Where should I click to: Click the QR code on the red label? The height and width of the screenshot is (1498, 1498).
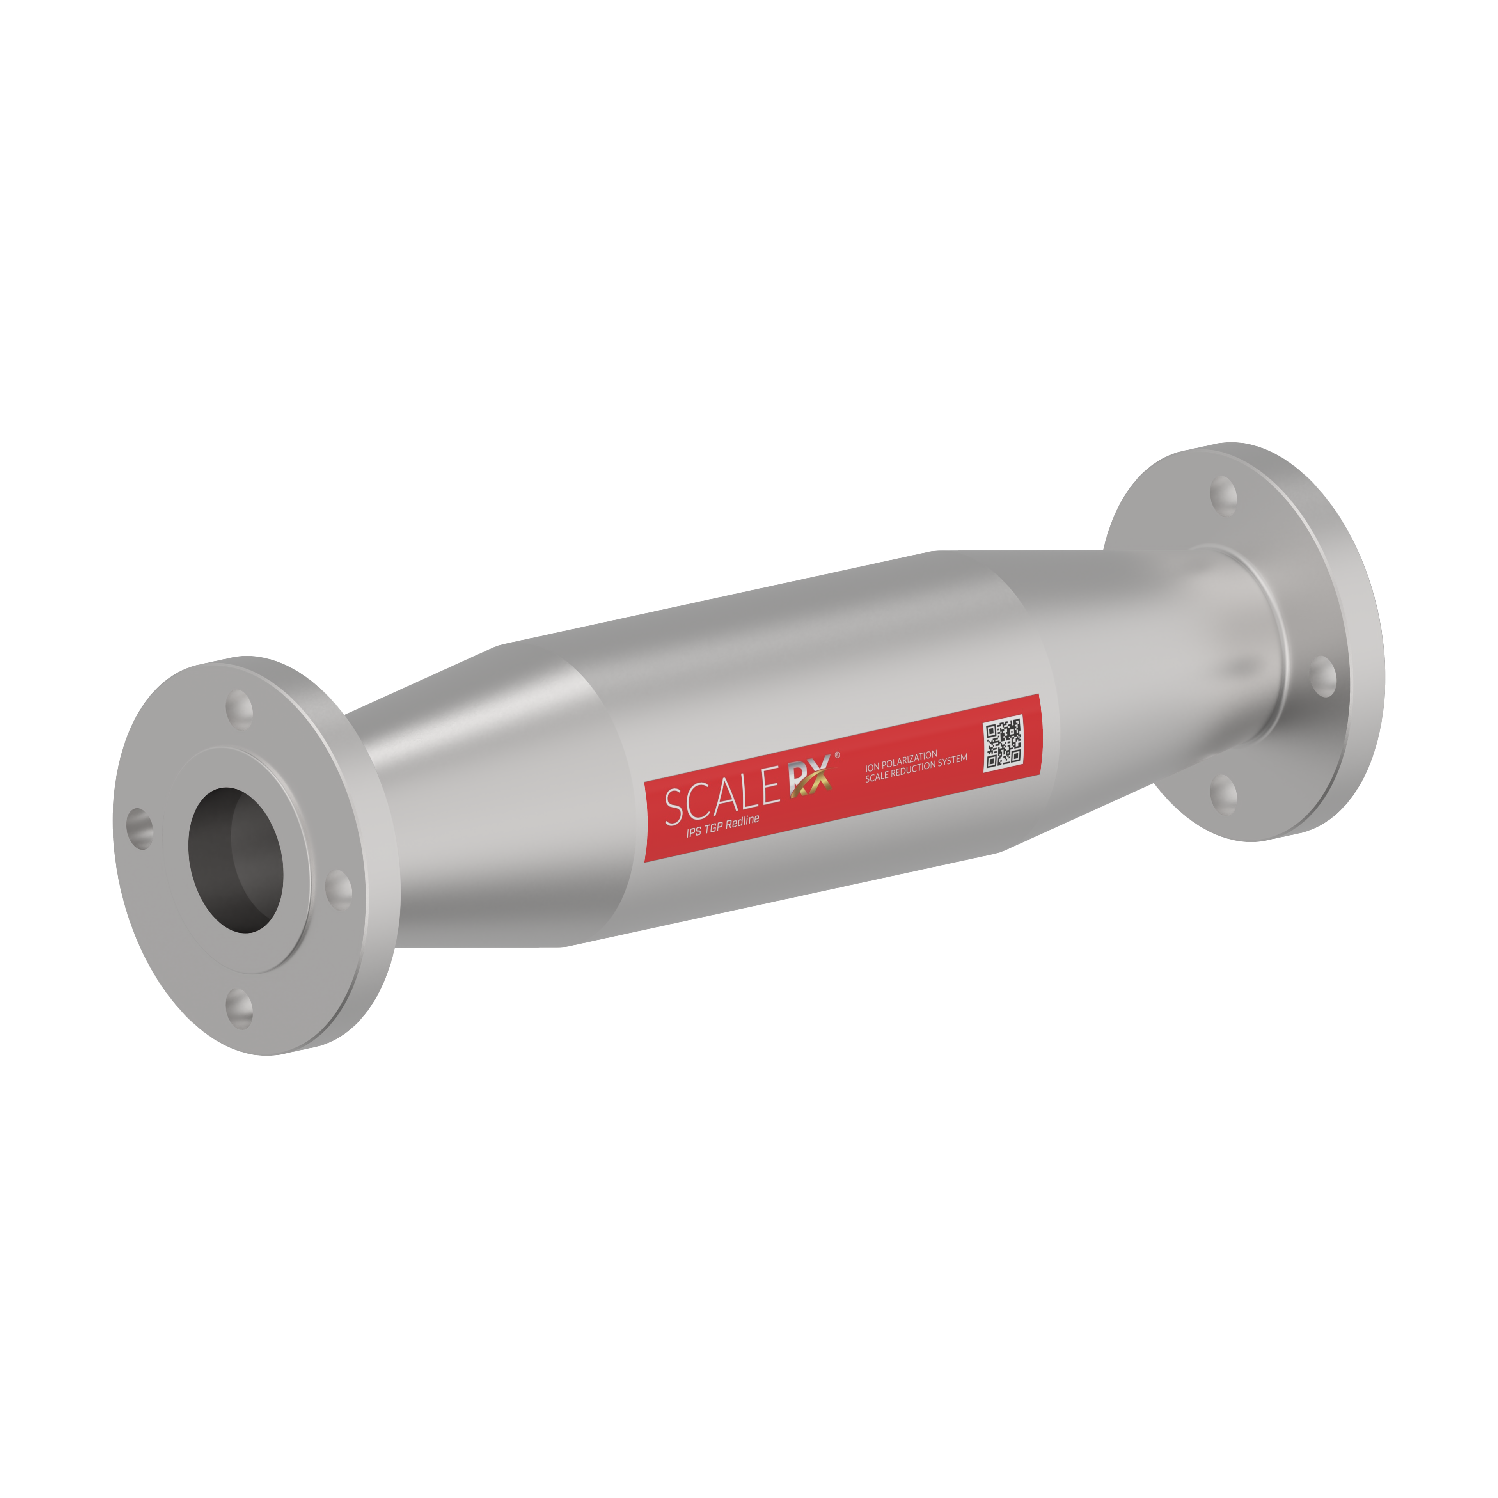point(1003,744)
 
